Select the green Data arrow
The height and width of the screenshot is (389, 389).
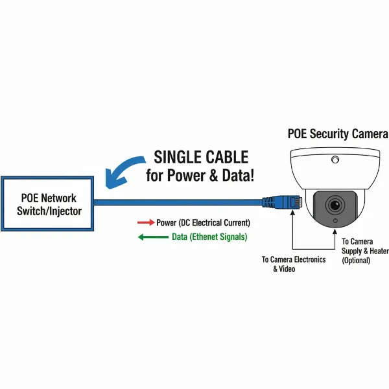(x=153, y=237)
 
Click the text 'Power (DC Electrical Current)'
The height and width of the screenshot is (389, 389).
(x=203, y=222)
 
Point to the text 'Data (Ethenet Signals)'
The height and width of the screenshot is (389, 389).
(x=209, y=237)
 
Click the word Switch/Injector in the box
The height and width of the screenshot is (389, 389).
(x=49, y=211)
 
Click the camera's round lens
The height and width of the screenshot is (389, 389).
(x=335, y=206)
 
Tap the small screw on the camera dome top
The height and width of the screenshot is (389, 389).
(x=335, y=159)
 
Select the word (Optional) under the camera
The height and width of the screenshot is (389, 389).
(x=356, y=261)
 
